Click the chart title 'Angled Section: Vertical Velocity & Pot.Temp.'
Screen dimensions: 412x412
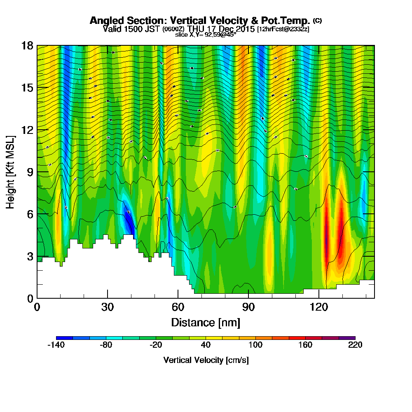tap(200, 21)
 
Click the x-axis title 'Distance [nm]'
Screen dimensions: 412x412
tap(206, 322)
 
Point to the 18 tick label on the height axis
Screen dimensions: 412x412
tap(27, 45)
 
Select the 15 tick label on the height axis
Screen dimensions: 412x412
tap(27, 88)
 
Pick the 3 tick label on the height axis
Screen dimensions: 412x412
tap(30, 256)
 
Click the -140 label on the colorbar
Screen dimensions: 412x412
tap(56, 345)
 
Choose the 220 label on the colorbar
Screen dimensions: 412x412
tap(355, 345)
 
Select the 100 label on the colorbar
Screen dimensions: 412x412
tap(255, 345)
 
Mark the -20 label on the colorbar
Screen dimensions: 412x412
tap(156, 345)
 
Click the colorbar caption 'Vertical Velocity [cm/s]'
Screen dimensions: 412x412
tap(206, 360)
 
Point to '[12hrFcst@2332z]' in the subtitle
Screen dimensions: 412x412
tap(283, 29)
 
